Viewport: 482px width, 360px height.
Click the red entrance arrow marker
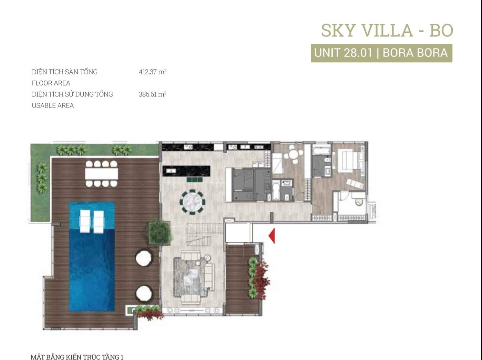click(272, 236)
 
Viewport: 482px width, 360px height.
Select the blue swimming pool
click(92, 256)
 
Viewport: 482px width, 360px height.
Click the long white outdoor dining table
click(101, 174)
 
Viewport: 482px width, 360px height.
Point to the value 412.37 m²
click(153, 72)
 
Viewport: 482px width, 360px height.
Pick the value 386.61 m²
click(152, 94)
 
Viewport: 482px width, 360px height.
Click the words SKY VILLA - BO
click(387, 30)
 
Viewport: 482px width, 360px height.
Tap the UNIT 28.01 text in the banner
click(343, 53)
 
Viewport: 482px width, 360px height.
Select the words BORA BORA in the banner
click(415, 53)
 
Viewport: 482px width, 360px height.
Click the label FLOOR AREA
click(51, 83)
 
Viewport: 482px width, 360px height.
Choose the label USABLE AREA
click(53, 105)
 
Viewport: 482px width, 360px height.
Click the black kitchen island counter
click(186, 171)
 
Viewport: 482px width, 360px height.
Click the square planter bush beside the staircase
click(160, 233)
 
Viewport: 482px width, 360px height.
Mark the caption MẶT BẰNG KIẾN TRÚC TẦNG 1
click(77, 357)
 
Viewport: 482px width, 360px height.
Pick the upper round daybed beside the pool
click(144, 257)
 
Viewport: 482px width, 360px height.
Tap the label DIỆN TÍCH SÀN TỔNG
click(64, 72)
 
